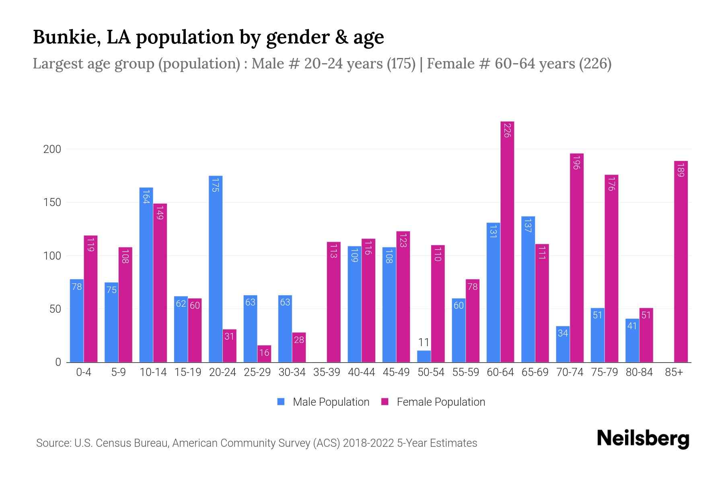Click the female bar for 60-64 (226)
[507, 242]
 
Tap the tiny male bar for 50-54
[424, 357]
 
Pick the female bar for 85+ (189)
[681, 262]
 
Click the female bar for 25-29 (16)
[264, 354]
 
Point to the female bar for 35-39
[333, 302]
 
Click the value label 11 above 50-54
[424, 343]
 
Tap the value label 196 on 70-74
[576, 162]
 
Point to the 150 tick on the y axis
[52, 202]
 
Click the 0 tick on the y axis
[58, 362]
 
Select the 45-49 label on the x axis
[396, 372]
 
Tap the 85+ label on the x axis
[674, 372]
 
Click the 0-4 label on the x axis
[84, 372]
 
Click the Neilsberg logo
[643, 439]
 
